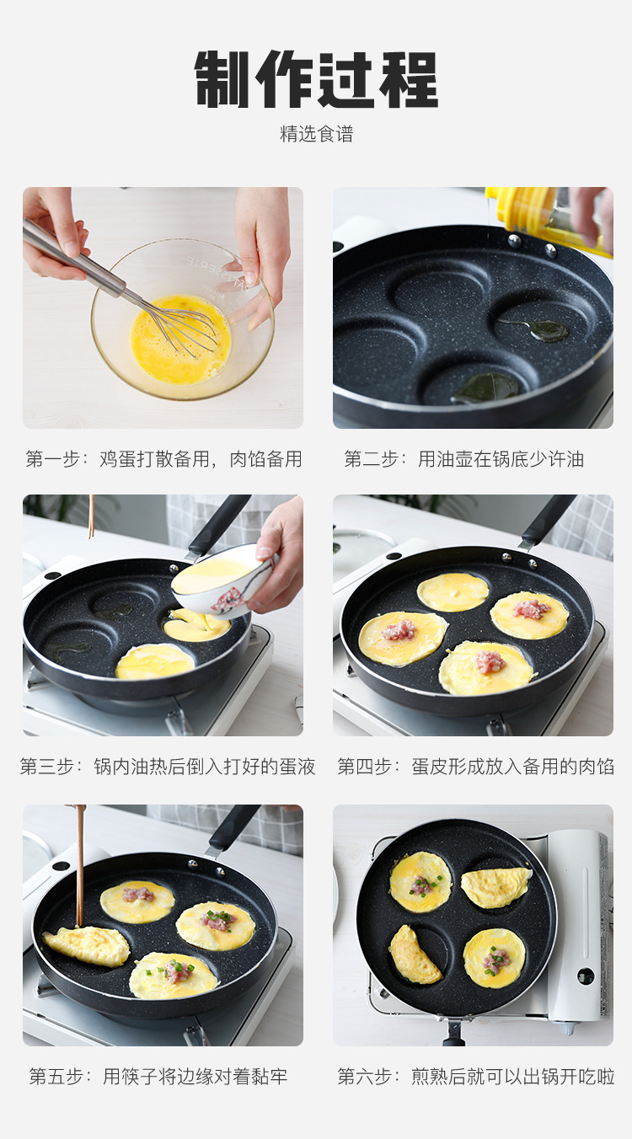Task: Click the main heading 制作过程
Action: point(316,79)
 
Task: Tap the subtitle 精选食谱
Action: point(316,134)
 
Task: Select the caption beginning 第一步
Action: point(163,459)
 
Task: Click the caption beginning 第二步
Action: point(463,459)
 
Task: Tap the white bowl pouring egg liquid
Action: point(222,580)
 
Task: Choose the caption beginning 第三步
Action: point(168,767)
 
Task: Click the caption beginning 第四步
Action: point(475,767)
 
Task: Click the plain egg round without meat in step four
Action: point(453,592)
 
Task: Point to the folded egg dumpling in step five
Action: point(87,946)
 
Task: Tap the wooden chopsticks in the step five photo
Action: point(80,864)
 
